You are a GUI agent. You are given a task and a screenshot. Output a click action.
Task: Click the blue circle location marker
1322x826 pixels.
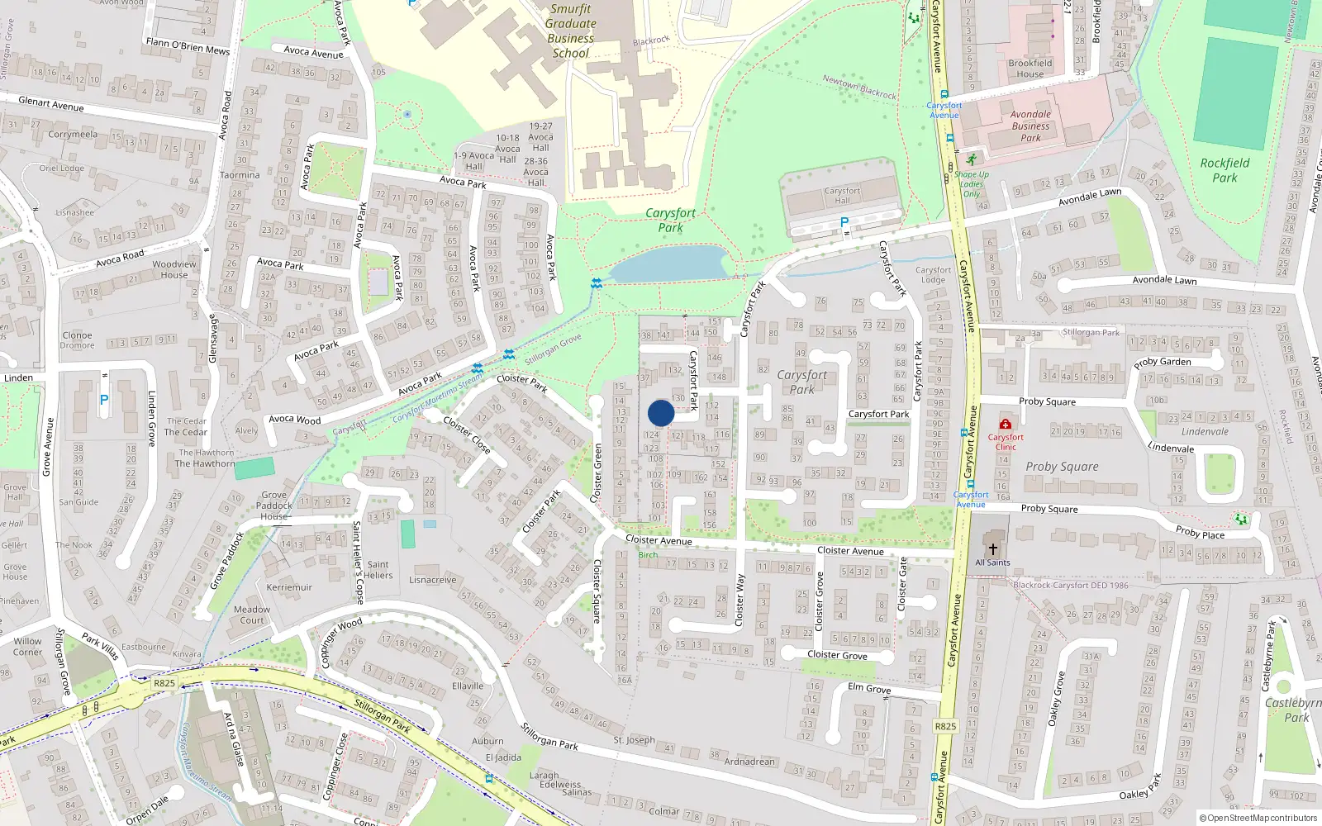click(x=661, y=413)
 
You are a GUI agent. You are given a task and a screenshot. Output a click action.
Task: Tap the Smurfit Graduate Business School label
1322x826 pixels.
click(x=570, y=31)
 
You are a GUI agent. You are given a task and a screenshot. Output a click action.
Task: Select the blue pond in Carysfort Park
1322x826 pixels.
click(x=669, y=264)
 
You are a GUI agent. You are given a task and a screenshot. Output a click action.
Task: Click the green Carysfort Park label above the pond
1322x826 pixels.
click(x=670, y=220)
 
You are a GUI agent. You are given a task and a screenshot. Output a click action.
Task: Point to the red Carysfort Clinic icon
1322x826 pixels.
click(x=1006, y=424)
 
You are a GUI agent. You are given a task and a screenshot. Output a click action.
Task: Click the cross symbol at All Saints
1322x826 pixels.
click(x=992, y=548)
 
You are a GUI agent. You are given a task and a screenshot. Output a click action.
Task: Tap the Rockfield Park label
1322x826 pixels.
click(x=1225, y=170)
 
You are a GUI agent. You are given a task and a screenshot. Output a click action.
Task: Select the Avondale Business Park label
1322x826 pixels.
click(x=1030, y=126)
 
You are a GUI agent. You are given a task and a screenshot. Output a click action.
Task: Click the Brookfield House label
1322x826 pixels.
click(x=1030, y=68)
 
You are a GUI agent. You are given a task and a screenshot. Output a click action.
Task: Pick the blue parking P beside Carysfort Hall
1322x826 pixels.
click(x=844, y=222)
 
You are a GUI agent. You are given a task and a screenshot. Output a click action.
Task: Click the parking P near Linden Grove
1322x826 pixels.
click(x=104, y=400)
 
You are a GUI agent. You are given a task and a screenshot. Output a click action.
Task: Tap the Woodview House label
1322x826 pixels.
click(x=174, y=269)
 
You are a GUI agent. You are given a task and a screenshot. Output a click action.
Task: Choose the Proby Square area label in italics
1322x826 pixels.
click(x=1062, y=467)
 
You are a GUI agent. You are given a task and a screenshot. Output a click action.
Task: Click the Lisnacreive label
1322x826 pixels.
click(x=432, y=580)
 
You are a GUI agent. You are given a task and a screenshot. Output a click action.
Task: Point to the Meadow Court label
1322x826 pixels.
click(x=252, y=615)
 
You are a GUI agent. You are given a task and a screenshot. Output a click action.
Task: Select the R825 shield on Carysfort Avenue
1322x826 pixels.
click(x=945, y=727)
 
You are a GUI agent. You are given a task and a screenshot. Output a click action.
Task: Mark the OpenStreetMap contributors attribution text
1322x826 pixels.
click(x=1258, y=819)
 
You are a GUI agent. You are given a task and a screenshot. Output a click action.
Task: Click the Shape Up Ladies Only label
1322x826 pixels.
click(x=972, y=184)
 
